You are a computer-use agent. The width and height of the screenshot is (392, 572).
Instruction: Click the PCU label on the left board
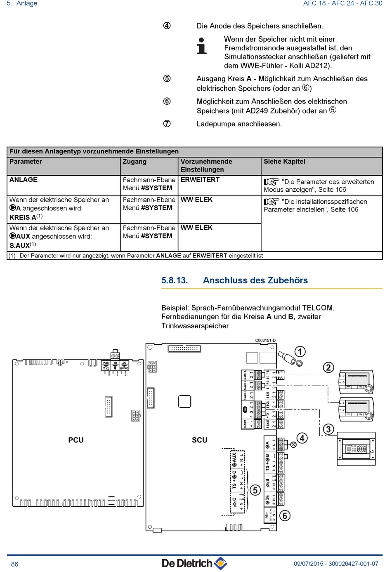[x=76, y=440]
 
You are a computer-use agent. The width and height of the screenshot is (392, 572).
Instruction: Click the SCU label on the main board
[x=199, y=440]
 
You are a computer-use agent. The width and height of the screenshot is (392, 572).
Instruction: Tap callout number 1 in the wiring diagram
[x=300, y=351]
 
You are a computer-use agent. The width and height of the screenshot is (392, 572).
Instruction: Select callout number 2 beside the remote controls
[x=328, y=367]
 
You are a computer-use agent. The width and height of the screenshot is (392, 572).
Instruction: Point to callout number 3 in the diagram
[x=328, y=429]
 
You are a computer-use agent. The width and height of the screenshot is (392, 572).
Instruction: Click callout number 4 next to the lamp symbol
[x=302, y=438]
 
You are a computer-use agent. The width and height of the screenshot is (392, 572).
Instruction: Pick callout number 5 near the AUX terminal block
[x=255, y=490]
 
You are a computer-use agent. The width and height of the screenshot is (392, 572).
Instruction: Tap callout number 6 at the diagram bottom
[x=284, y=516]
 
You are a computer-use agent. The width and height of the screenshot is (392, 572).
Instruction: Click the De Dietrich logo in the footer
[x=194, y=563]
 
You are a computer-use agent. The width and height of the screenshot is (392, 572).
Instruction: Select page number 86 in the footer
[x=15, y=564]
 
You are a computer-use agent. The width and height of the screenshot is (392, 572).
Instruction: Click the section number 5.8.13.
[x=175, y=280]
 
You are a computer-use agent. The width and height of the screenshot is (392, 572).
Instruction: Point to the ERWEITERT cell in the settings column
[x=200, y=180]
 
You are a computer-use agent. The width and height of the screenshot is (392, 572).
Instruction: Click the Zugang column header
[x=135, y=162]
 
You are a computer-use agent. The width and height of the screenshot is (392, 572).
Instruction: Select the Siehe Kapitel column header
[x=284, y=162]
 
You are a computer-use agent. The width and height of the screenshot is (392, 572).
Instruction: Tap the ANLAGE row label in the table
[x=24, y=180]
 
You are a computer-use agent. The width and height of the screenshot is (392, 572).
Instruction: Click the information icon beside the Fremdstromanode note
[x=201, y=46]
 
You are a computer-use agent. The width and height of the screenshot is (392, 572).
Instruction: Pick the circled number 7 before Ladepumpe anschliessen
[x=167, y=124]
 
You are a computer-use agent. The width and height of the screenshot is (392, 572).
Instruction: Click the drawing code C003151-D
[x=265, y=341]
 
